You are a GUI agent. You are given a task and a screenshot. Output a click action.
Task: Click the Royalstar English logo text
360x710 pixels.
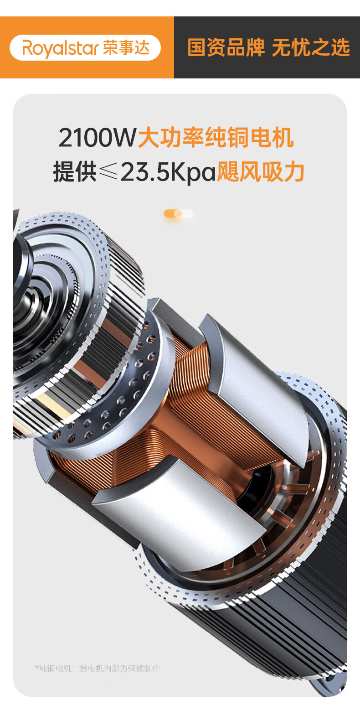pyautogui.click(x=61, y=48)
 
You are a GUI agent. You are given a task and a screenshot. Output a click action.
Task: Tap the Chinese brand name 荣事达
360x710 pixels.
pyautogui.click(x=126, y=47)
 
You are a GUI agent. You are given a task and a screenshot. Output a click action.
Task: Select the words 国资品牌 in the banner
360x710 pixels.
pyautogui.click(x=226, y=47)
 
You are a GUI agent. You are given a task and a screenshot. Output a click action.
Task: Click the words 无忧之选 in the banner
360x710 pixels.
pyautogui.click(x=311, y=47)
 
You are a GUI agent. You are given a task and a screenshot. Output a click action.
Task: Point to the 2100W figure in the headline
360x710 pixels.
pyautogui.click(x=97, y=137)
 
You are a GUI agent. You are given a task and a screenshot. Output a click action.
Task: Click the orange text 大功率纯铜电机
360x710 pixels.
pyautogui.click(x=216, y=137)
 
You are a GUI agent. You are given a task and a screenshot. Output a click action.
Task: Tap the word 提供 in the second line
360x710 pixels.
pyautogui.click(x=75, y=171)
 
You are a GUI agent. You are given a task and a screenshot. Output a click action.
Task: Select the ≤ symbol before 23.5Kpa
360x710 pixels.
pyautogui.click(x=108, y=171)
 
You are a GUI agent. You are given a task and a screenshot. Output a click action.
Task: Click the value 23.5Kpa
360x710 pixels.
pyautogui.click(x=168, y=172)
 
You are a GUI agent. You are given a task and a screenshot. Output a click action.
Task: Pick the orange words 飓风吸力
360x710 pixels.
pyautogui.click(x=260, y=171)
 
